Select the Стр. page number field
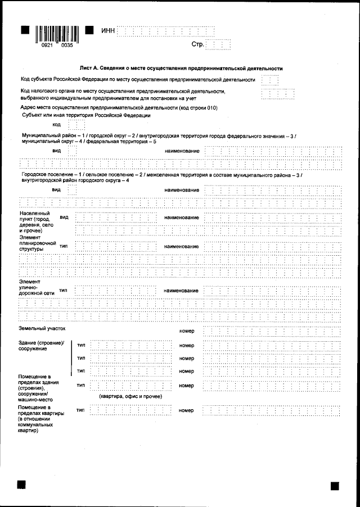coord(218,44)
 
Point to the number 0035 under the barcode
coord(66,46)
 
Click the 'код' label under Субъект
coord(56,124)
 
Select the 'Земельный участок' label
coord(42,327)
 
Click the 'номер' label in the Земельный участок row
coord(186,332)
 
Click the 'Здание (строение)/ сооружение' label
coord(42,346)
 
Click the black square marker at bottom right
coord(335,485)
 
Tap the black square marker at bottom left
coord(22,485)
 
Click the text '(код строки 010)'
coord(197,107)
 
